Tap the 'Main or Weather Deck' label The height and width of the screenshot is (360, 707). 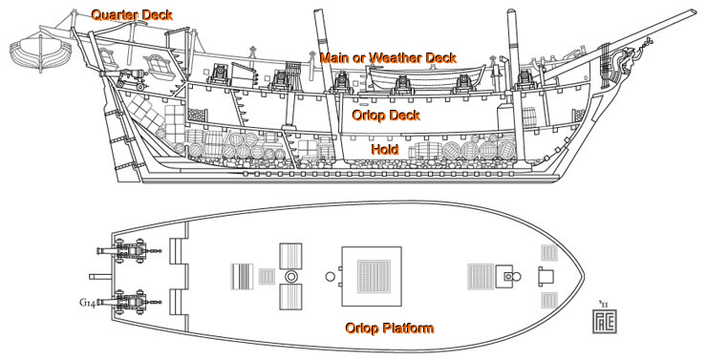click(x=388, y=58)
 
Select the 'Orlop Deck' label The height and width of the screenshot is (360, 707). click(x=386, y=115)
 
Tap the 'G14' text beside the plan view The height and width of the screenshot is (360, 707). click(x=87, y=304)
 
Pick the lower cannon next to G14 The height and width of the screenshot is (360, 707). click(x=124, y=303)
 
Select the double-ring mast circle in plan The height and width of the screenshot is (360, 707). click(x=290, y=276)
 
